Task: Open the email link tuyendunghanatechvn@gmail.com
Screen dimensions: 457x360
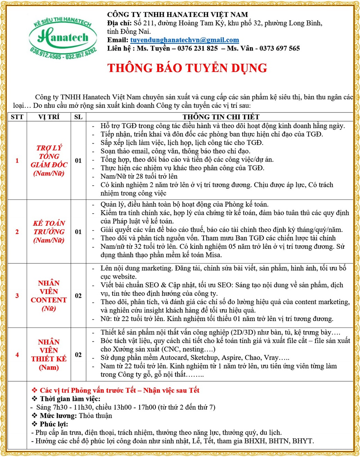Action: click(184, 40)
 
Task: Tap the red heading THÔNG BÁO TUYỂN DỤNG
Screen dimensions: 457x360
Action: click(187, 68)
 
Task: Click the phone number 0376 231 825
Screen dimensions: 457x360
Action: click(197, 48)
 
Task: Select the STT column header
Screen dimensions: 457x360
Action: click(17, 117)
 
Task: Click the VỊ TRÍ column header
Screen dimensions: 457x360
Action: click(49, 117)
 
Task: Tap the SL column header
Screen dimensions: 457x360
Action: click(78, 117)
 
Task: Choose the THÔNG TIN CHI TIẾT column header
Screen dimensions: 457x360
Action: click(221, 117)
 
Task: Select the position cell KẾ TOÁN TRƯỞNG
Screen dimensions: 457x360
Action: click(49, 232)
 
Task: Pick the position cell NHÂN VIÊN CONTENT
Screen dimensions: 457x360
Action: click(49, 296)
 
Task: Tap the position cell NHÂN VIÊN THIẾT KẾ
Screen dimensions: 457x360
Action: click(49, 355)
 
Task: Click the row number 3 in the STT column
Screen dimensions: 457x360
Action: click(17, 296)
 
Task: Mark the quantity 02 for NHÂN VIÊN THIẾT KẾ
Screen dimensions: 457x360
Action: click(78, 355)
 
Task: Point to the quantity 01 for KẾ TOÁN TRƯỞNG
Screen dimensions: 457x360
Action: click(78, 232)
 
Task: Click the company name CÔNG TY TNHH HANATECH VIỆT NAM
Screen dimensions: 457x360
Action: click(177, 15)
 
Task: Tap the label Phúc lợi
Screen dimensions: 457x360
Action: click(54, 424)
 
